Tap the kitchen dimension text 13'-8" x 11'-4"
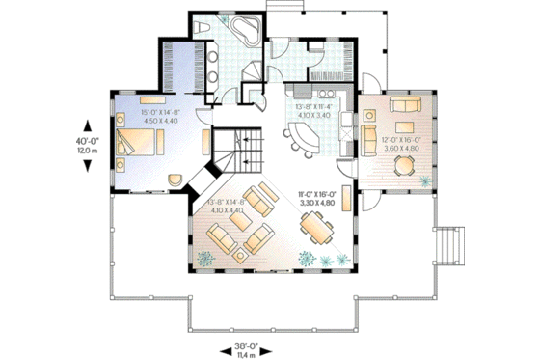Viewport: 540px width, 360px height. pos(311,112)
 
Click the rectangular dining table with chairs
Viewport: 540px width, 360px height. pos(319,229)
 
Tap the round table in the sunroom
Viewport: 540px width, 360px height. pos(404,167)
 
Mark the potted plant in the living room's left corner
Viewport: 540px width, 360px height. pos(205,257)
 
